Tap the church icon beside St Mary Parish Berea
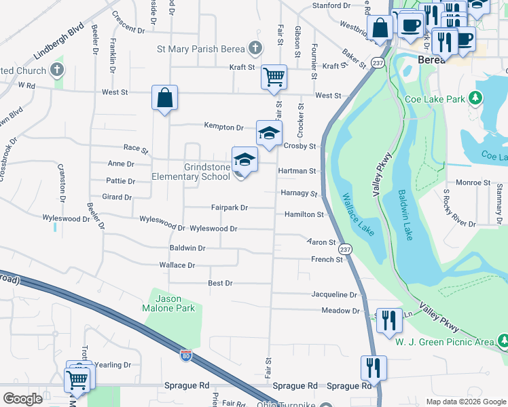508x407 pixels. (255, 48)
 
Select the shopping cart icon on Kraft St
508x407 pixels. (274, 76)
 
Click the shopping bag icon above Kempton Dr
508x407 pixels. (164, 98)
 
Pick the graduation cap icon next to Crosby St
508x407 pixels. (269, 132)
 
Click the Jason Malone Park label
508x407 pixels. (175, 303)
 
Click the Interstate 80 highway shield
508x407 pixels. (186, 355)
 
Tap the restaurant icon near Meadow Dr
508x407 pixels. (388, 317)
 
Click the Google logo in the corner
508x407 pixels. (22, 398)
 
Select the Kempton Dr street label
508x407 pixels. (224, 127)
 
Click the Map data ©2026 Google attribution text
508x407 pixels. (465, 401)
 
